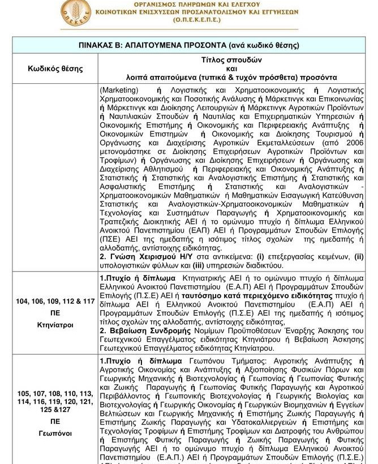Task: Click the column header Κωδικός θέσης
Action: click(55, 69)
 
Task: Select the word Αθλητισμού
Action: click(161, 169)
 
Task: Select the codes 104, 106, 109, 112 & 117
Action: click(55, 301)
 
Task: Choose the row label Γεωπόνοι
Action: click(55, 433)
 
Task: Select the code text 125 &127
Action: click(55, 409)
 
